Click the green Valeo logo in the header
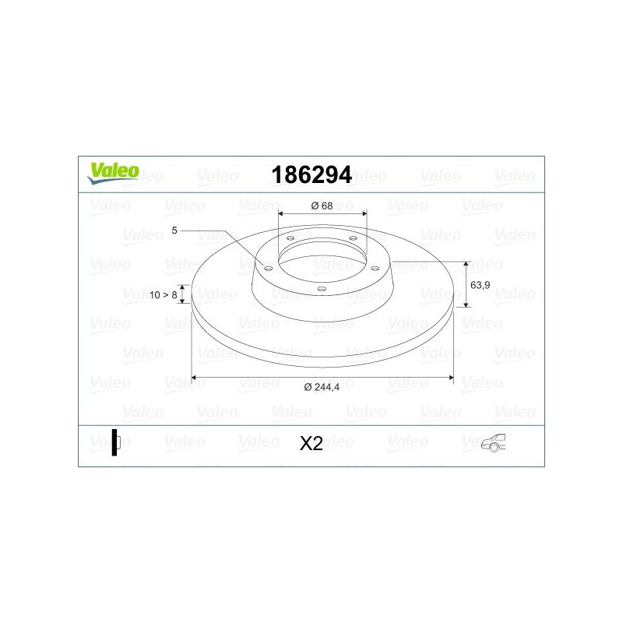(113, 173)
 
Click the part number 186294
(311, 174)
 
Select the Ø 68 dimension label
(322, 206)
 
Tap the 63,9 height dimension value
(481, 285)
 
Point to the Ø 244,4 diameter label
(322, 388)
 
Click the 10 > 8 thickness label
(164, 295)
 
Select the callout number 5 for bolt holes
(175, 231)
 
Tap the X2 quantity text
(311, 444)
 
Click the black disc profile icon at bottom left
(114, 442)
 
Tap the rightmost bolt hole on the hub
(375, 268)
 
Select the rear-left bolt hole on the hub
(290, 238)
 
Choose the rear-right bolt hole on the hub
(353, 238)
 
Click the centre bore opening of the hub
(322, 257)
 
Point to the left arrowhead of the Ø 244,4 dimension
(195, 378)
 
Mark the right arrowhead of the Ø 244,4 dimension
(451, 378)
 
